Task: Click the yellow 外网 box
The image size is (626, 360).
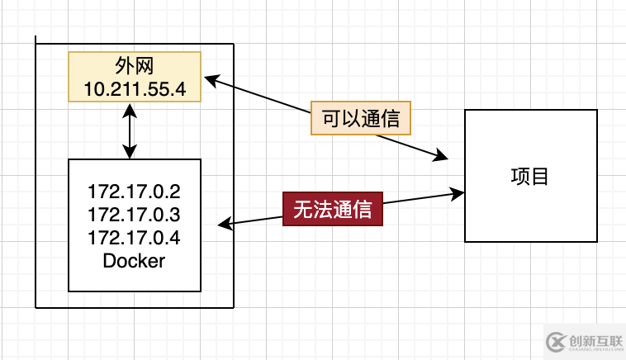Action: click(x=135, y=77)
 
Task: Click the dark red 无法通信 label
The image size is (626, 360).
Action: click(x=333, y=209)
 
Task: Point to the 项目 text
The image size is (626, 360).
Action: click(x=530, y=176)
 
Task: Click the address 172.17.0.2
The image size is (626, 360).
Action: click(x=134, y=192)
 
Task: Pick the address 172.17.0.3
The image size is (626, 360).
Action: click(x=134, y=215)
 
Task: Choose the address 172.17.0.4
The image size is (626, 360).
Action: click(x=134, y=238)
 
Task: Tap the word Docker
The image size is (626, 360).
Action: click(x=134, y=261)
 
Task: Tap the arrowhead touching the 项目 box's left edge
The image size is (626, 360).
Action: click(x=458, y=193)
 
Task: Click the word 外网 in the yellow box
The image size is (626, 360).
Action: click(x=135, y=65)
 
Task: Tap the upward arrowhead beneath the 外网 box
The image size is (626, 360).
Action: click(x=130, y=107)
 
